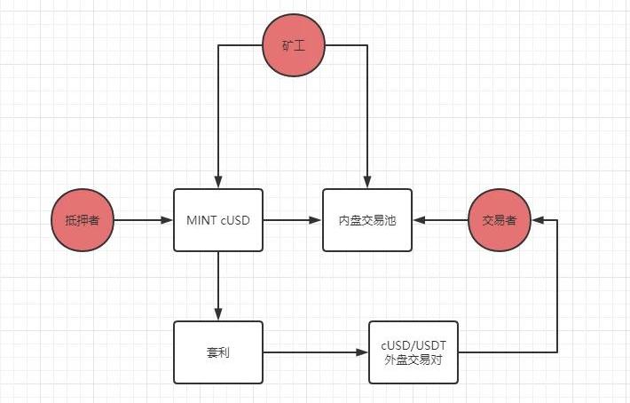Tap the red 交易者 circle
[x=500, y=220]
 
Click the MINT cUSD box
[x=218, y=220]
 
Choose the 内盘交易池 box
[x=367, y=220]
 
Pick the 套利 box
[x=218, y=352]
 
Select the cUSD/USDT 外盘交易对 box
[x=413, y=352]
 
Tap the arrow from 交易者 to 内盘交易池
[x=440, y=220]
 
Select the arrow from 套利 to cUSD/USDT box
[x=316, y=352]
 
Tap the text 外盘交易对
[x=413, y=360]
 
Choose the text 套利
[x=218, y=353]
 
